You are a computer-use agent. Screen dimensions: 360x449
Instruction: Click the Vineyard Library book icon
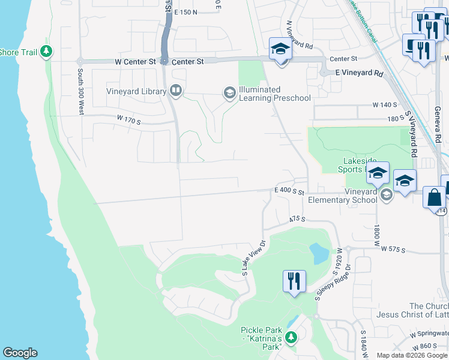176,91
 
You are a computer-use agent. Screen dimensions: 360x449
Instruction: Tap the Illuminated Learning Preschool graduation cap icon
229,93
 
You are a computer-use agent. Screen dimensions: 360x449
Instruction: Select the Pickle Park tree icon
291,338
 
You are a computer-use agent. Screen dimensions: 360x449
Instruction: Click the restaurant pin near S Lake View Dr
294,281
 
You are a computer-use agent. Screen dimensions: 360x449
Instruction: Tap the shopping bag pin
434,197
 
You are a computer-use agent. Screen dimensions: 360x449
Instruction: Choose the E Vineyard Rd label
359,73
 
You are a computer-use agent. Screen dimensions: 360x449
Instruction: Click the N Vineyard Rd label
300,35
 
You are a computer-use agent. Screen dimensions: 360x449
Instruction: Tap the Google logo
20,353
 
